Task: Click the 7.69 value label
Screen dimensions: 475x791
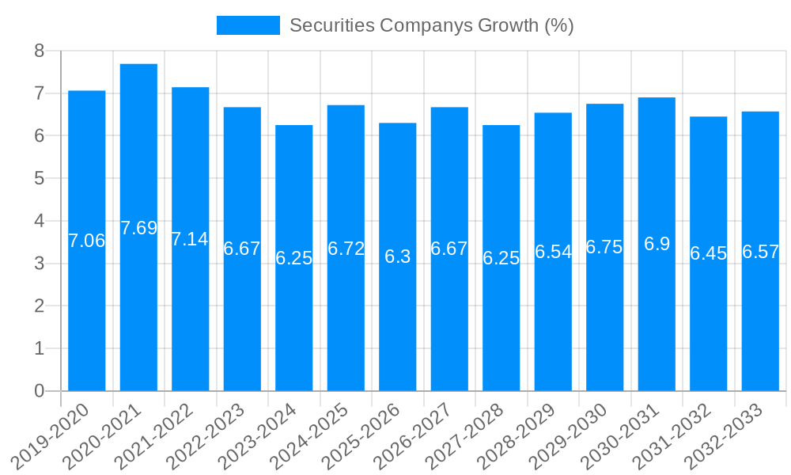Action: point(138,228)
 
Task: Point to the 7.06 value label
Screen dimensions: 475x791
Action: point(86,241)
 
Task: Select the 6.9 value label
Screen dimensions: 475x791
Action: point(657,244)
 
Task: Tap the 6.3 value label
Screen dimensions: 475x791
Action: point(398,256)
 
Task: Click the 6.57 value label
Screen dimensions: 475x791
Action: point(760,252)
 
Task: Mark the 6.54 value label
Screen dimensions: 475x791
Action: point(553,252)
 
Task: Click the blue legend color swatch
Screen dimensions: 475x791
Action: point(248,25)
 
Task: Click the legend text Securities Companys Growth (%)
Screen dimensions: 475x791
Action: point(431,25)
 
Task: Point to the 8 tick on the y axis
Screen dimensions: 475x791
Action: point(39,51)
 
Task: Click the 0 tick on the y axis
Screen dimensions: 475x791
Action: point(39,391)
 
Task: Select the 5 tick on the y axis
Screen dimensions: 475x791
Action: point(39,179)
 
